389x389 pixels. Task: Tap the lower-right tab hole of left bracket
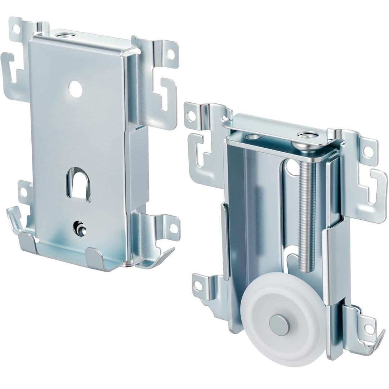tap(173, 228)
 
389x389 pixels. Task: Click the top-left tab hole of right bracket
tap(191, 116)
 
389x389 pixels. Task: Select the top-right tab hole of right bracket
tap(367, 151)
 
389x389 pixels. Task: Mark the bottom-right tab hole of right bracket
tap(368, 328)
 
